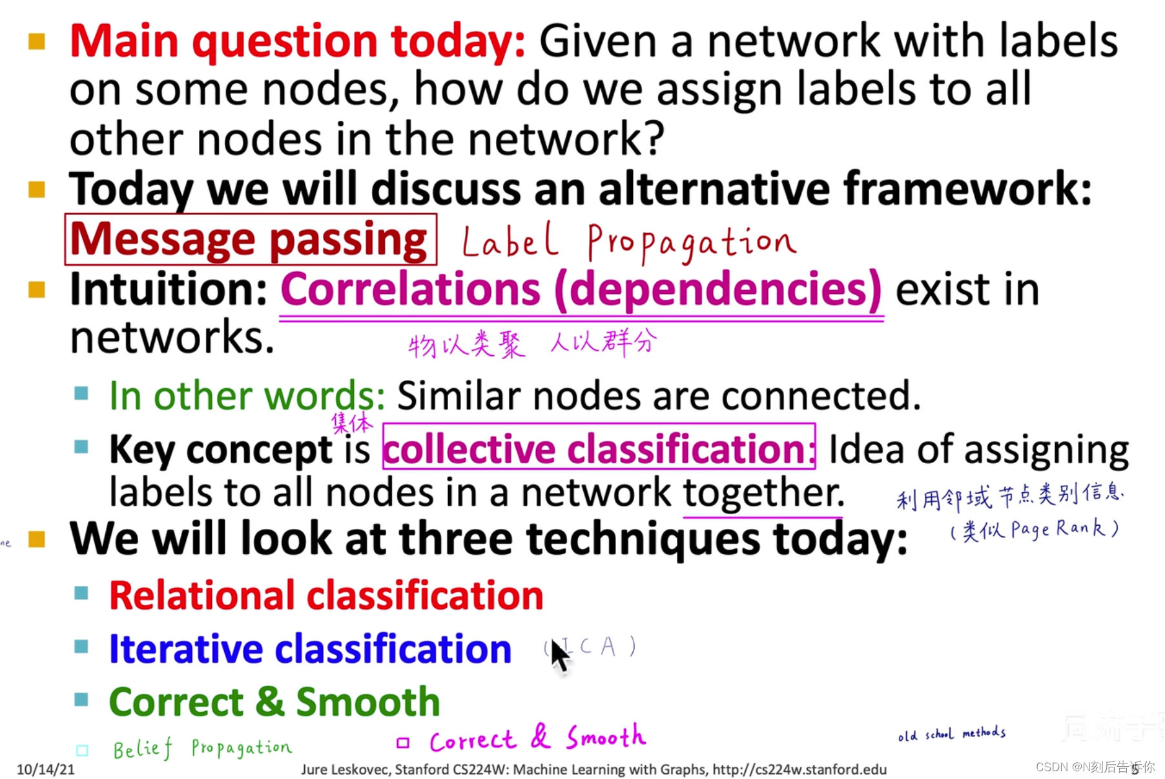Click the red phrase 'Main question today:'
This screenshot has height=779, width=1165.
coord(297,41)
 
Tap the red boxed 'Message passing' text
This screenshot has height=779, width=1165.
coord(249,240)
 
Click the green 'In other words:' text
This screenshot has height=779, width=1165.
coord(247,395)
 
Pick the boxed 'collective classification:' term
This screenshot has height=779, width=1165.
coord(598,448)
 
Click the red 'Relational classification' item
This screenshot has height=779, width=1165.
coord(326,595)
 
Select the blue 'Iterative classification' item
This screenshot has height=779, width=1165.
coord(310,649)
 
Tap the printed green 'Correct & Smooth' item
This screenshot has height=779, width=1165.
coord(274,701)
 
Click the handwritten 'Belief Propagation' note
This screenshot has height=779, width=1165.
coord(202,748)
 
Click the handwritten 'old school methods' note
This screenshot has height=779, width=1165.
coord(951,734)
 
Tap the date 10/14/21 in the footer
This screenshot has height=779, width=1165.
coord(45,769)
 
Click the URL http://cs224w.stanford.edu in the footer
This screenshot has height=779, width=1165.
coord(799,769)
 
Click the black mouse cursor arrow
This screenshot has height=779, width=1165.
coord(559,654)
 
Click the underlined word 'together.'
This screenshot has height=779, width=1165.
coord(763,493)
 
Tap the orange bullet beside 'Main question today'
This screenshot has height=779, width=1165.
coord(37,42)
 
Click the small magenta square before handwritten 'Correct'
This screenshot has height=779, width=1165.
coord(403,743)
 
